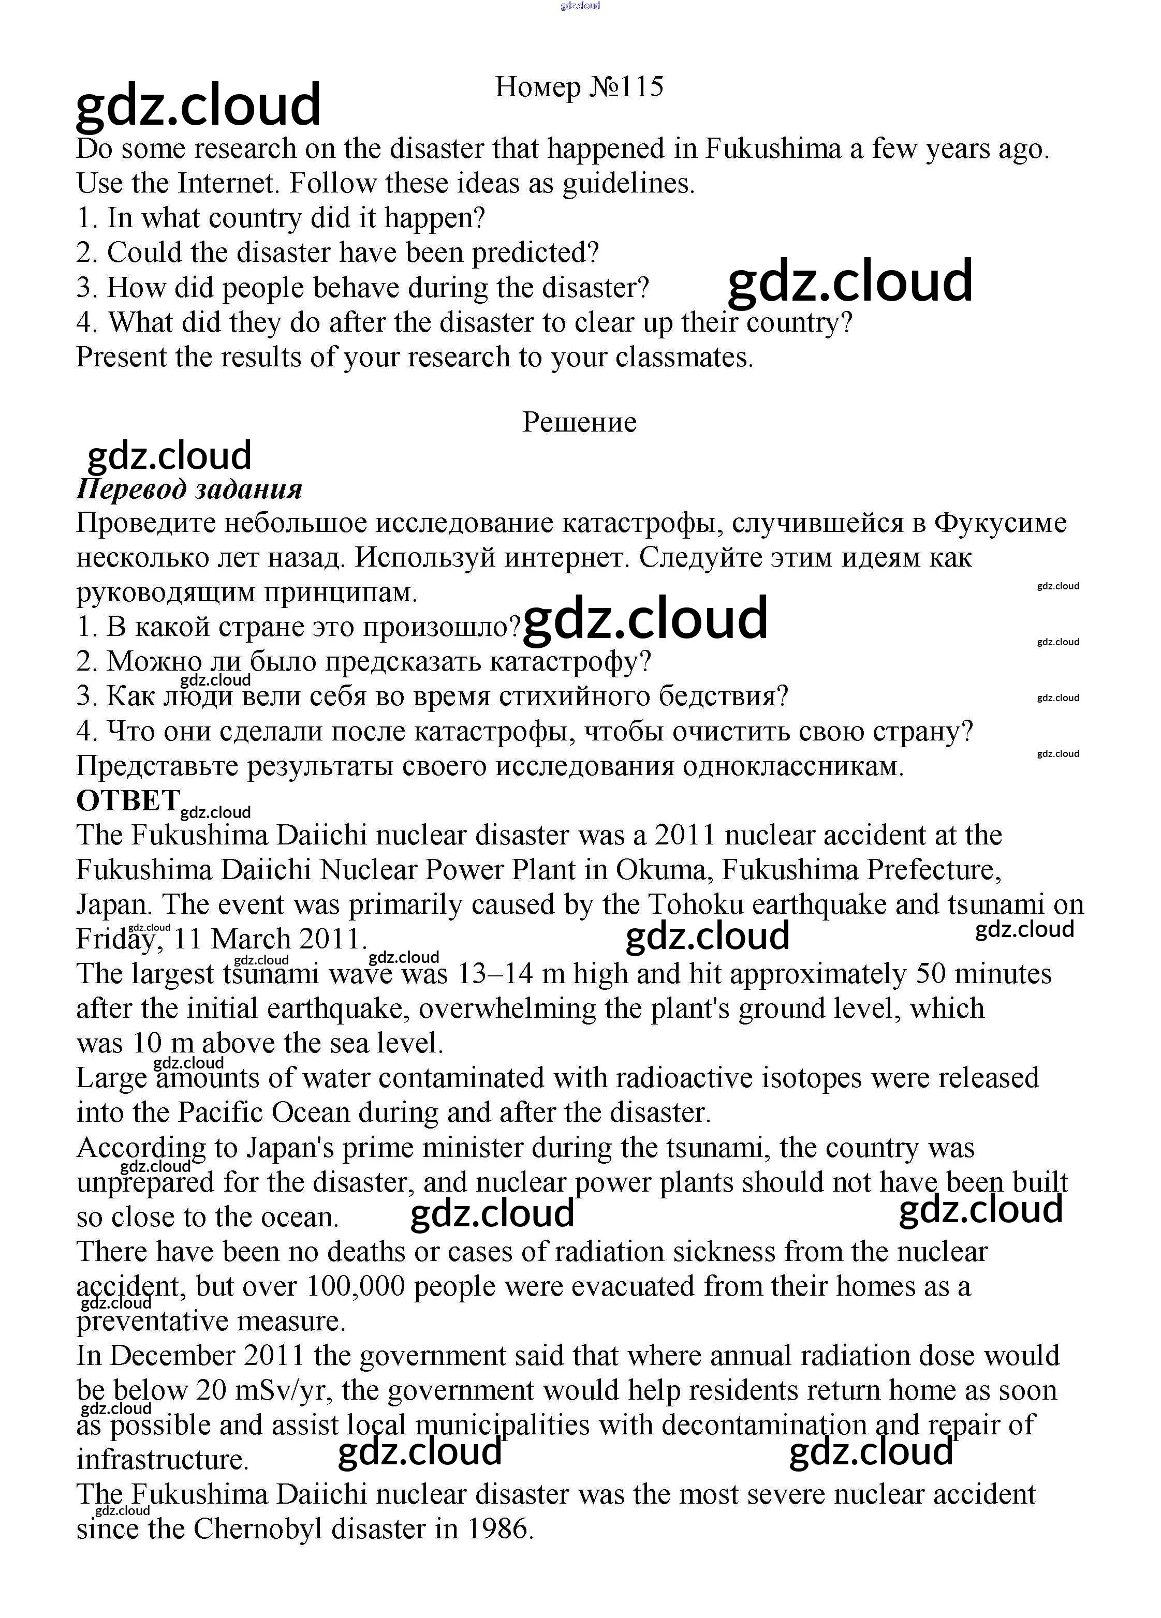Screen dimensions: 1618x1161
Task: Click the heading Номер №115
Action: tap(579, 87)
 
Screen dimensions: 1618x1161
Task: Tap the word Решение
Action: tap(579, 422)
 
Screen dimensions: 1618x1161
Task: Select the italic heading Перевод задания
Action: tap(189, 489)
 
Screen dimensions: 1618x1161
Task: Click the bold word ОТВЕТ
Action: tap(128, 800)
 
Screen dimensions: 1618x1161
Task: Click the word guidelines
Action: tap(628, 183)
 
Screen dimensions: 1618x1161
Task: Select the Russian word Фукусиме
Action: tap(1000, 523)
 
